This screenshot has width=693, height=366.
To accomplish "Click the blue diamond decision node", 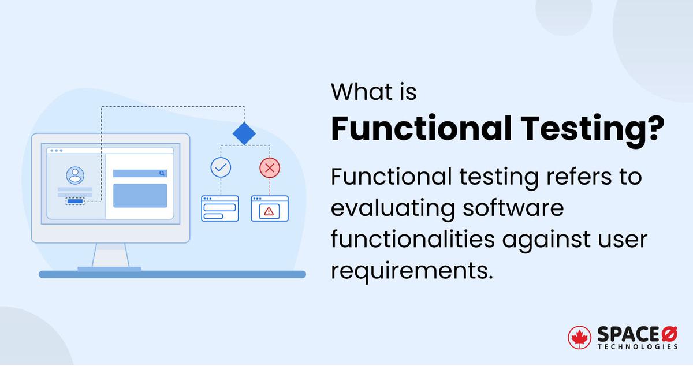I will [x=244, y=133].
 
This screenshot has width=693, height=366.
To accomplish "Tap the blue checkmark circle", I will [x=220, y=167].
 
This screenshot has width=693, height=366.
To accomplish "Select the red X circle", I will [x=269, y=167].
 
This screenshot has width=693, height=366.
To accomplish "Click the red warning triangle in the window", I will [x=269, y=211].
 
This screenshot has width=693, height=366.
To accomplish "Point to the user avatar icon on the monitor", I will [x=74, y=175].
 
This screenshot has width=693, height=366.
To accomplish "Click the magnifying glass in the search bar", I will [x=162, y=173].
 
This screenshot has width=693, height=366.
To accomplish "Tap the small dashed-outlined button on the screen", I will [x=75, y=201].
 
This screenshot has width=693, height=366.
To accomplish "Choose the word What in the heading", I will [x=357, y=92].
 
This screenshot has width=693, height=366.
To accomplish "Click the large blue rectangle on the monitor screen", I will [x=140, y=196].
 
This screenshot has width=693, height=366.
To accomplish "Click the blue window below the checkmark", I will [x=219, y=208].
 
